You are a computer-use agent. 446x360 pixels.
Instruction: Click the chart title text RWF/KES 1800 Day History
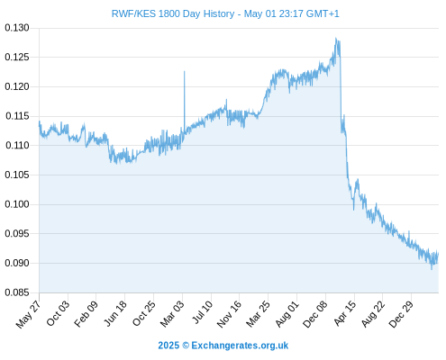point(173,13)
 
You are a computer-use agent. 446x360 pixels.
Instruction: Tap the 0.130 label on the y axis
point(17,28)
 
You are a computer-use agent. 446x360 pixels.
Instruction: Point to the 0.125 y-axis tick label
point(17,57)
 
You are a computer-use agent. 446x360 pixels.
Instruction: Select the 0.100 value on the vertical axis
point(17,204)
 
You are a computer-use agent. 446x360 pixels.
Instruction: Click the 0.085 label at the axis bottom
point(17,292)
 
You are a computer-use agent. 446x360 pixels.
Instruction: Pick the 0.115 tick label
point(17,116)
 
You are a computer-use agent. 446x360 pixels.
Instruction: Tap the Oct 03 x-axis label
point(58,313)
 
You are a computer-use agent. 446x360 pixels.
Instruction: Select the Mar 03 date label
point(172,314)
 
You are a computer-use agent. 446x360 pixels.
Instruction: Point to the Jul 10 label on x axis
point(203,312)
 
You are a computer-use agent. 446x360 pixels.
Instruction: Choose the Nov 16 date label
point(229,314)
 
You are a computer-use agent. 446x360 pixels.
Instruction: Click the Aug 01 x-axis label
point(287,314)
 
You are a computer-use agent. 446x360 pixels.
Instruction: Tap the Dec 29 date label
point(401,314)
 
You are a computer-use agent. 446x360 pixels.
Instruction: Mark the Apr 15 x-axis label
point(345,313)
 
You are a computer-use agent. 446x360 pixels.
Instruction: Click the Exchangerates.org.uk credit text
point(240,346)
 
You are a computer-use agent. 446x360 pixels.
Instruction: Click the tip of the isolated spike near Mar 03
point(185,71)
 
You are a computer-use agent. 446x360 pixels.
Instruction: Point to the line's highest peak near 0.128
point(336,38)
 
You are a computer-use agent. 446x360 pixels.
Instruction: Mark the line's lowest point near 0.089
point(432,269)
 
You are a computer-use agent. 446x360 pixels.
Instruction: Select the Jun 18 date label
point(115,313)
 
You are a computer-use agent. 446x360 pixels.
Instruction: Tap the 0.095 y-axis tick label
point(17,233)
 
